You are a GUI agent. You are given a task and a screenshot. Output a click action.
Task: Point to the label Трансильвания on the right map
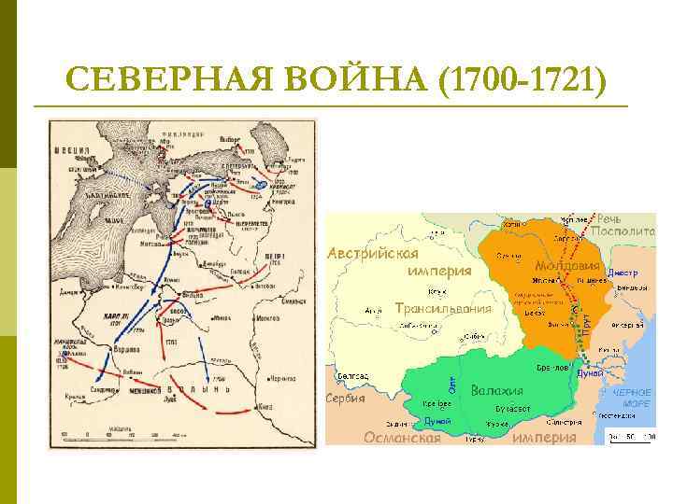click(443, 308)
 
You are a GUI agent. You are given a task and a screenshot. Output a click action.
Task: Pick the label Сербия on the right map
click(345, 398)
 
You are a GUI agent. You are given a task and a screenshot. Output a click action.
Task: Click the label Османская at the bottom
click(402, 438)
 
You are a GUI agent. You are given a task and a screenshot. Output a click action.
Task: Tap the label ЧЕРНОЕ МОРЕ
click(631, 399)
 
